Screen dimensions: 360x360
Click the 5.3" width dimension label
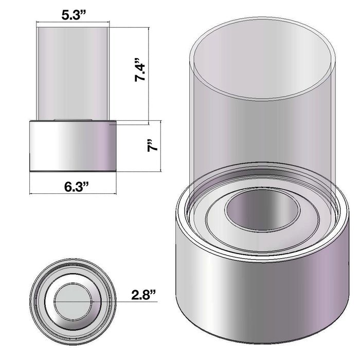pyautogui.click(x=74, y=15)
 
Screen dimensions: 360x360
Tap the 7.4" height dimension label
pyautogui.click(x=140, y=70)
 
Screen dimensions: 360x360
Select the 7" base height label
pyautogui.click(x=153, y=145)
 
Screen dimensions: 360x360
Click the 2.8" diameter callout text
pyautogui.click(x=143, y=295)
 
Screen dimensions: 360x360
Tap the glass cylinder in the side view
pyautogui.click(x=73, y=74)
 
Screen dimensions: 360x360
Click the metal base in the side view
pyautogui.click(x=73, y=146)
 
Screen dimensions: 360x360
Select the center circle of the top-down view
pyautogui.click(x=74, y=301)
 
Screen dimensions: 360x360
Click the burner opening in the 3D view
pyautogui.click(x=263, y=210)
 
